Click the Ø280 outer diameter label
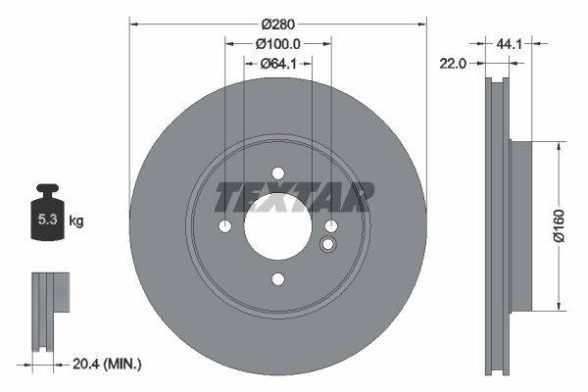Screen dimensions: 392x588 pos(277,20)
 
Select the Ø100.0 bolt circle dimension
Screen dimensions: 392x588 pos(277,44)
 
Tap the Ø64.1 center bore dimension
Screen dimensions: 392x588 pos(277,64)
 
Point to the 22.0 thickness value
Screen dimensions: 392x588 pos(451,63)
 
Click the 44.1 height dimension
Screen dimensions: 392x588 pos(508,44)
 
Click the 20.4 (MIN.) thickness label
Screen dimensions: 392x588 pos(108,364)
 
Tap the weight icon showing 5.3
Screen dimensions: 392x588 pos(46,219)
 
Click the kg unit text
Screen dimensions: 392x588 pos(75,221)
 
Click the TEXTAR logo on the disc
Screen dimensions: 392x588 pos(294,197)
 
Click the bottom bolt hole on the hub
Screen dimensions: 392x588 pos(277,280)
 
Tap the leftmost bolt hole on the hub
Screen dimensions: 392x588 pos(224,226)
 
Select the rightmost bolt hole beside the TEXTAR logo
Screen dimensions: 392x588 pos(331,226)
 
